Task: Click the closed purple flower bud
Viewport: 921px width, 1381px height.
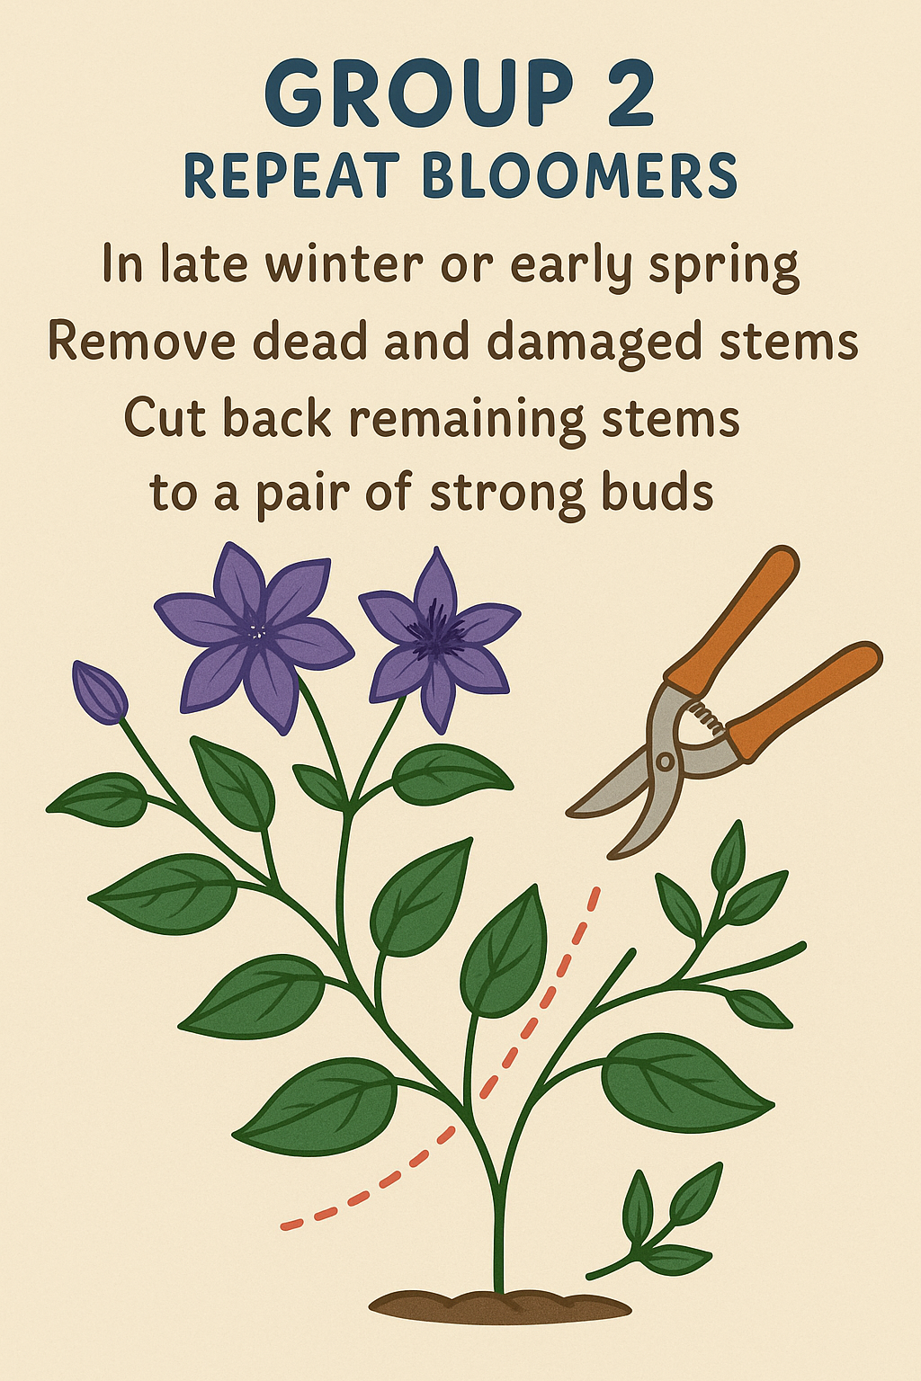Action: (x=99, y=691)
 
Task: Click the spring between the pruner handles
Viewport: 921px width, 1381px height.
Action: (x=705, y=717)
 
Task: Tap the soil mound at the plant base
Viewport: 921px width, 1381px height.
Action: (x=500, y=1305)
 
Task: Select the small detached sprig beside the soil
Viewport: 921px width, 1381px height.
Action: (x=654, y=1224)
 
